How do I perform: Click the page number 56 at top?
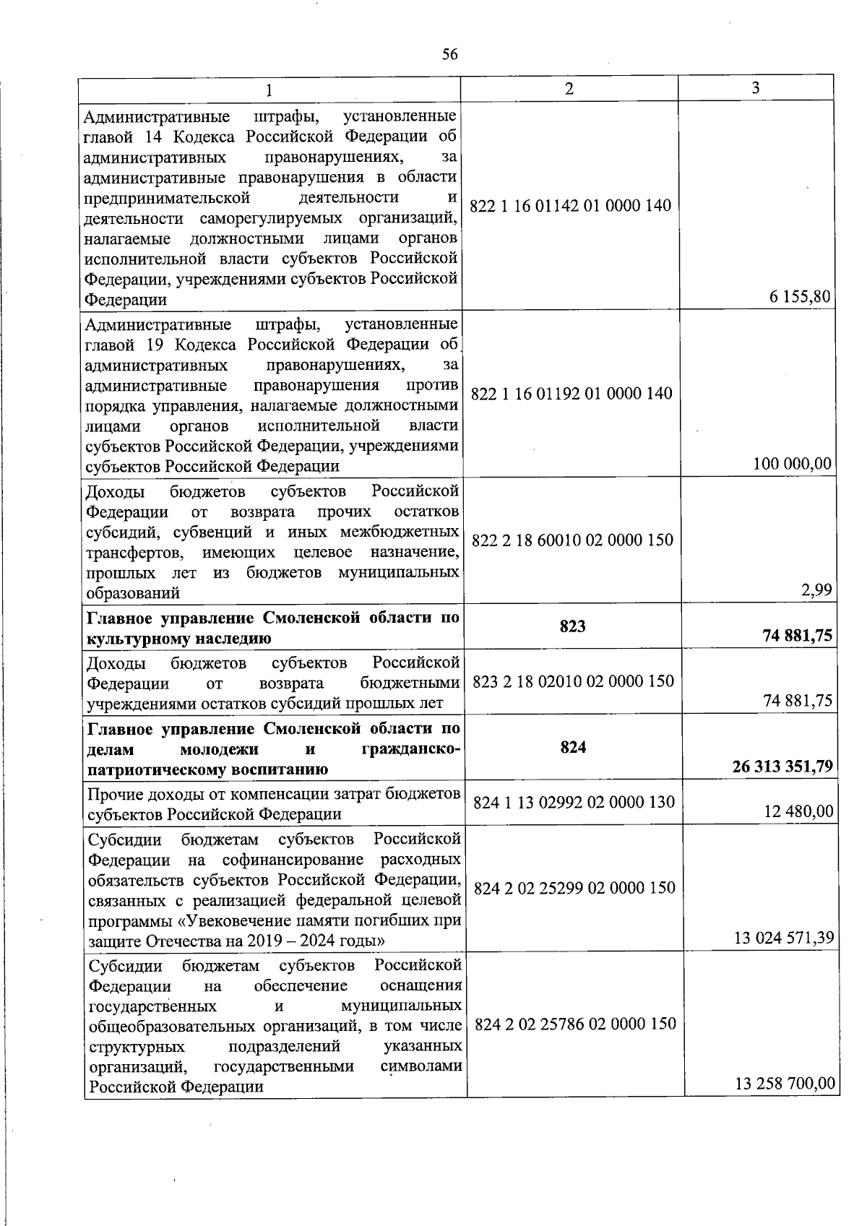point(449,55)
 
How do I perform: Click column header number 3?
point(755,88)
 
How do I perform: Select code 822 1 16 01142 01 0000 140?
point(570,206)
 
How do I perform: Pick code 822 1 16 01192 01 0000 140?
point(571,394)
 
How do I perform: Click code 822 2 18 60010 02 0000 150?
point(572,540)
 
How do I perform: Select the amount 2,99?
point(816,590)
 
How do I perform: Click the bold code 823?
point(572,626)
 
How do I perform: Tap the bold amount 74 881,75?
point(797,636)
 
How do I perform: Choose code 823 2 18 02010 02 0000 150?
point(573,681)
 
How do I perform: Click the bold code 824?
point(573,748)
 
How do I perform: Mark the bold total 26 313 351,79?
point(782,767)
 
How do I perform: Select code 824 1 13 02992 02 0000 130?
point(574,803)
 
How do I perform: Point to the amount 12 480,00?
point(798,812)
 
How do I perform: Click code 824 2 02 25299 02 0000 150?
point(574,888)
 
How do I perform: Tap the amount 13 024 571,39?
point(784,938)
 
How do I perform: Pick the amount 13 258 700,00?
point(785,1084)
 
